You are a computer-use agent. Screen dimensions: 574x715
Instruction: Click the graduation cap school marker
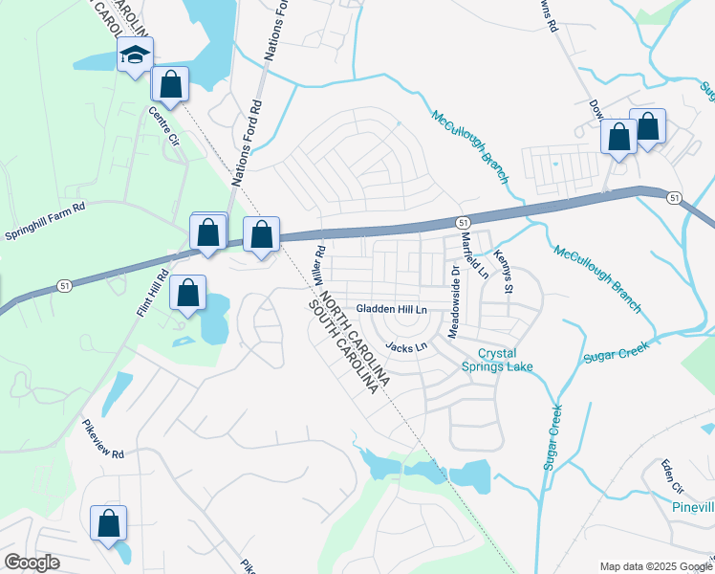135,55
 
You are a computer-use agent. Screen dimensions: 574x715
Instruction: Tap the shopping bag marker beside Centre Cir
170,84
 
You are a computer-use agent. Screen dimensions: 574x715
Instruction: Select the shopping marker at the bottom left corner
108,523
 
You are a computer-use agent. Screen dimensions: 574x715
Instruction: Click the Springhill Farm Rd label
45,219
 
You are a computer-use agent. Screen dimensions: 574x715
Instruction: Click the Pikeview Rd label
103,441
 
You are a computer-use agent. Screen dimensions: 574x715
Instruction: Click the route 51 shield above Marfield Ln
462,221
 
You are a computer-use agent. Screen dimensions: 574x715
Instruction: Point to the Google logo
32,563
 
